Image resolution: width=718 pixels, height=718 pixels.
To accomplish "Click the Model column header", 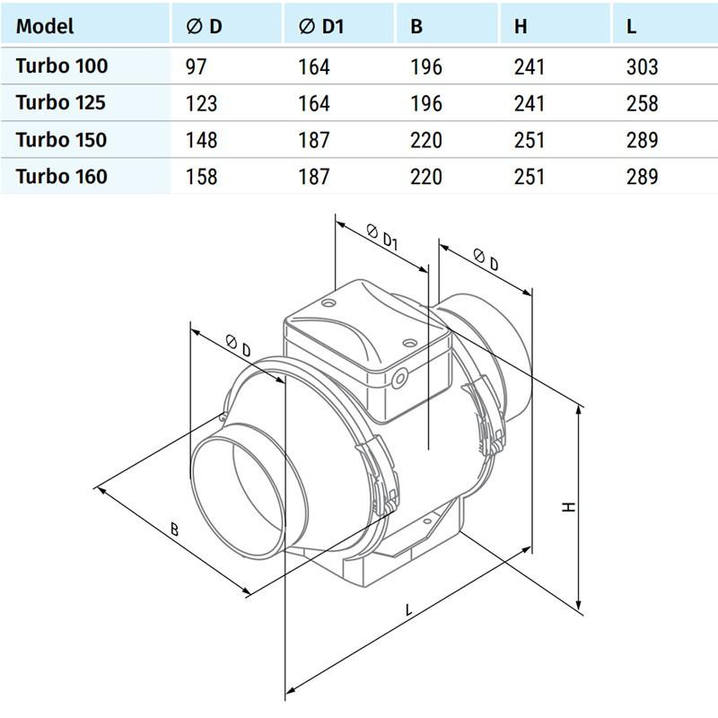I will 45,26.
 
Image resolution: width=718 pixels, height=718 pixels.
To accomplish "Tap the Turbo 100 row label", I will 61,66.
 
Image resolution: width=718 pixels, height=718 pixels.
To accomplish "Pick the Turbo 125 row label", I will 61,102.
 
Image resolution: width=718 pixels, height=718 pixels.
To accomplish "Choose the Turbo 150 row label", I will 61,139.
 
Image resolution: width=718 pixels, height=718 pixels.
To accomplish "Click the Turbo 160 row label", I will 61,176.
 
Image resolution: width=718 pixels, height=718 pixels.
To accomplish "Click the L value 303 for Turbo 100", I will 643,66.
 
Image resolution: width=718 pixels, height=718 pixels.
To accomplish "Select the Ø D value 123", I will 201,103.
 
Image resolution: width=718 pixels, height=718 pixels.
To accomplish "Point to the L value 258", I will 643,103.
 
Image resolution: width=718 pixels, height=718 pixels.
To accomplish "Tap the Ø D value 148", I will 201,140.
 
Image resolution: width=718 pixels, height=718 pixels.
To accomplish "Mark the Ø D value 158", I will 201,177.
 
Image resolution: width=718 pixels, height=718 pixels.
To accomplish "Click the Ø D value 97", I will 197,66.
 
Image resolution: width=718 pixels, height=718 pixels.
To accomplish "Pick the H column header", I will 521,26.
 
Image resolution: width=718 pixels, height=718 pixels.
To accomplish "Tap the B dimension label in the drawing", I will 173,530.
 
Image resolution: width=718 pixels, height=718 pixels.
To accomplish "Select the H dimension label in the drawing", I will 568,506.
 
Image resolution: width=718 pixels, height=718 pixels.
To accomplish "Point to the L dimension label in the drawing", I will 409,610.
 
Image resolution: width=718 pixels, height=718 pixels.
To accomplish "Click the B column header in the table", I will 416,26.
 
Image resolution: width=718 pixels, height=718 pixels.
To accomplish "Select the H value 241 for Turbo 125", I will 530,103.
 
